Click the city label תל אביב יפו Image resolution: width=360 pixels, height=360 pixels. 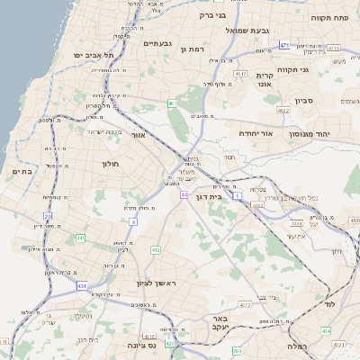click(91, 55)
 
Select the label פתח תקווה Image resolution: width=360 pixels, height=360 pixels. click(329, 17)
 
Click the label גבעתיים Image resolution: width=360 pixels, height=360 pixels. click(164, 43)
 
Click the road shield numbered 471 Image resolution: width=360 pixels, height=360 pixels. click(284, 45)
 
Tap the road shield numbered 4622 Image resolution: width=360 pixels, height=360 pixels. click(284, 110)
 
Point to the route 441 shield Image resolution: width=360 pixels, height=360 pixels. click(80, 238)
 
